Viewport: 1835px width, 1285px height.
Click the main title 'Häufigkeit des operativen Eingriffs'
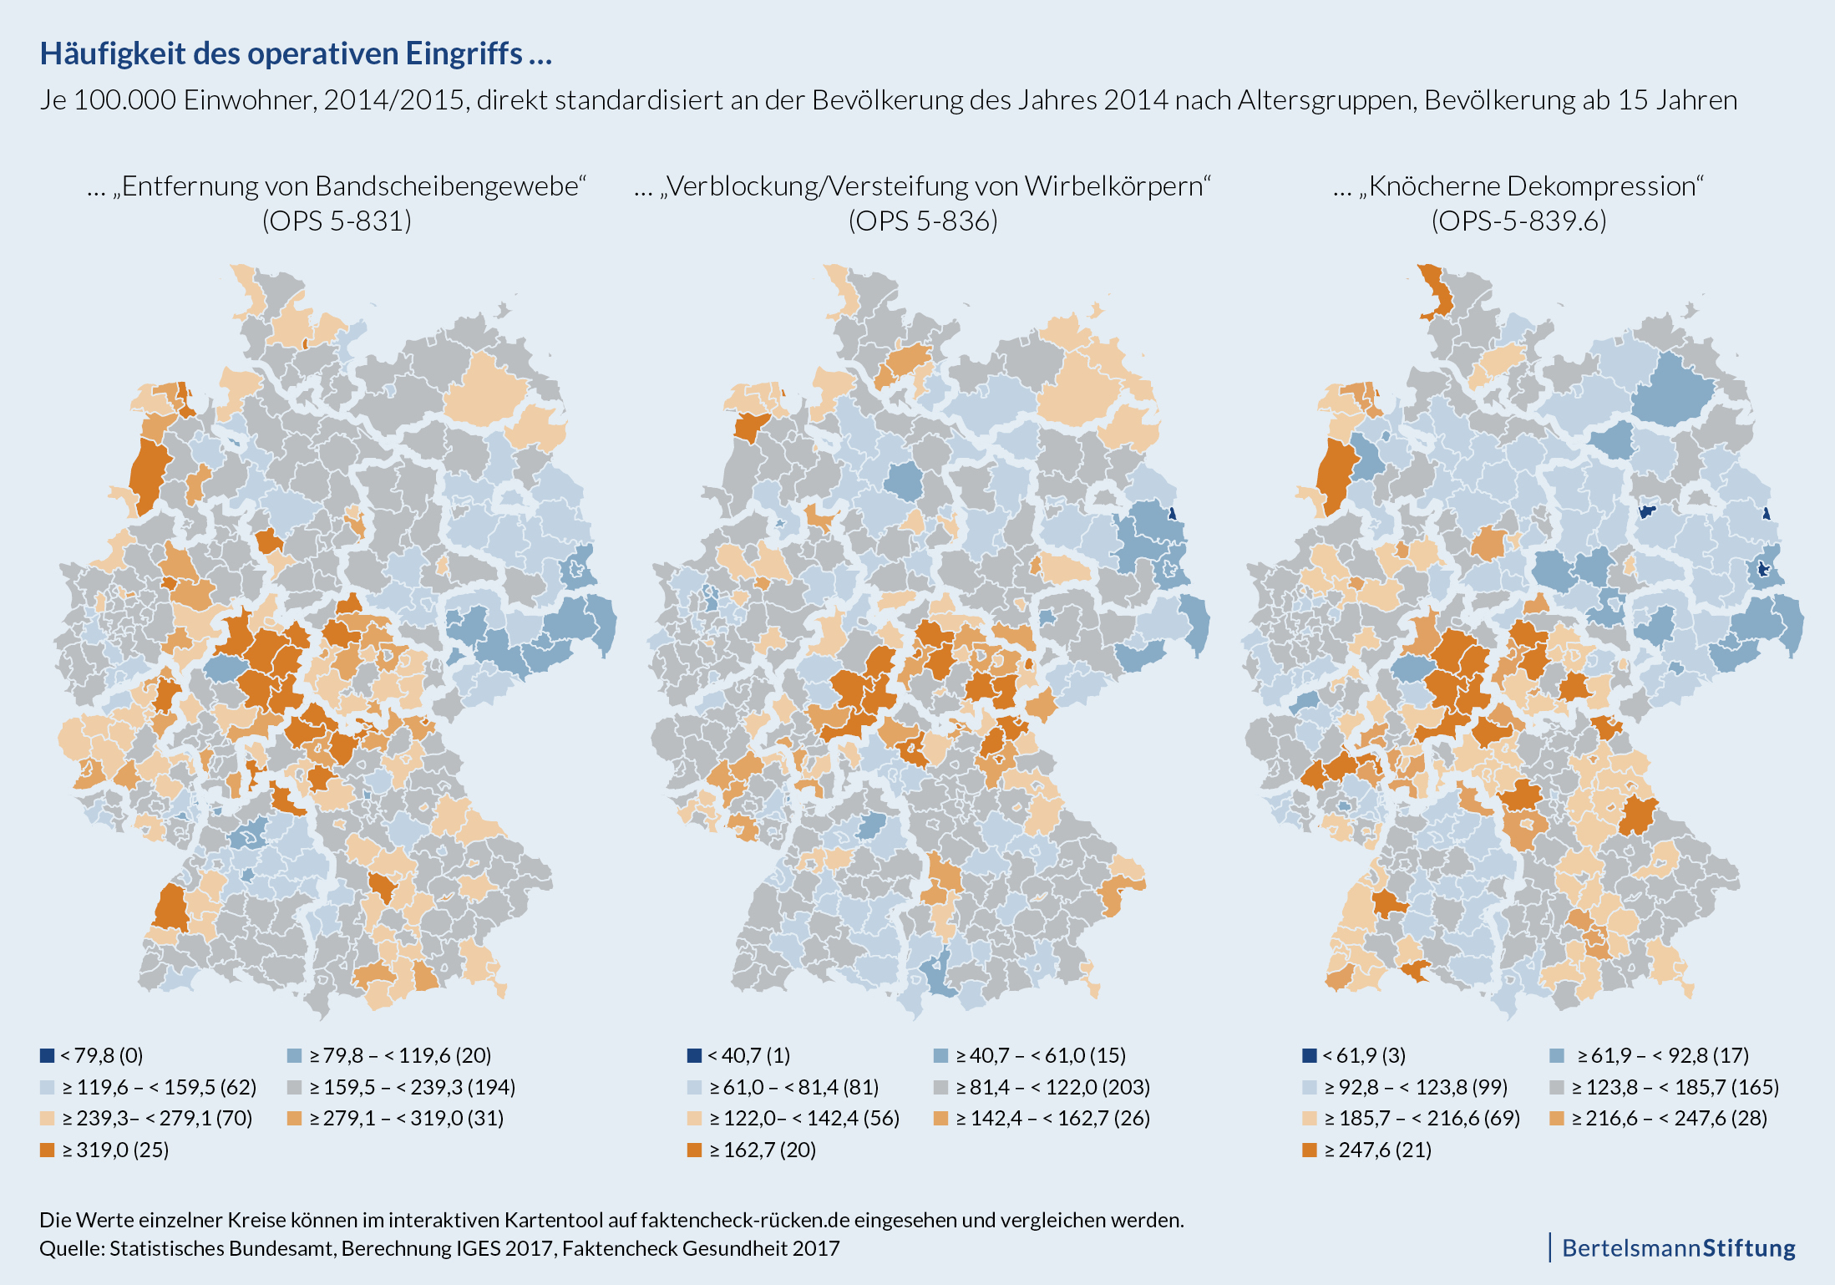point(296,53)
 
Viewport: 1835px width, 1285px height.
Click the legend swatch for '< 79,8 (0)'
point(48,1055)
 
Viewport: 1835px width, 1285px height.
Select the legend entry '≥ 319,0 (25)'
point(104,1150)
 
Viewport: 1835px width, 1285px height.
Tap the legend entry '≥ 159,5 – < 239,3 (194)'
point(401,1087)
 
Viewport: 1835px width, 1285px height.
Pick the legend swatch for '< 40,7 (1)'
point(694,1055)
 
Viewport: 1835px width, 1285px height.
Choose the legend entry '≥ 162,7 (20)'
point(751,1150)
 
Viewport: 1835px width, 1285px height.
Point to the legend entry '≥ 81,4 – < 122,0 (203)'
point(1042,1087)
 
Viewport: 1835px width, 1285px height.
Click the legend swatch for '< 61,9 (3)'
point(1310,1055)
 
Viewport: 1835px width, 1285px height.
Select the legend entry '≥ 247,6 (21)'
point(1366,1150)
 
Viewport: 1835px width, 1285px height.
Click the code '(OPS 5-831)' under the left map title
point(337,221)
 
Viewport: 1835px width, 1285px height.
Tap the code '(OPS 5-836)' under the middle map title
point(923,221)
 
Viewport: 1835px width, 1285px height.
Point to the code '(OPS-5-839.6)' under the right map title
point(1518,221)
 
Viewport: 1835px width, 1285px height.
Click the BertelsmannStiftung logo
point(1678,1247)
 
